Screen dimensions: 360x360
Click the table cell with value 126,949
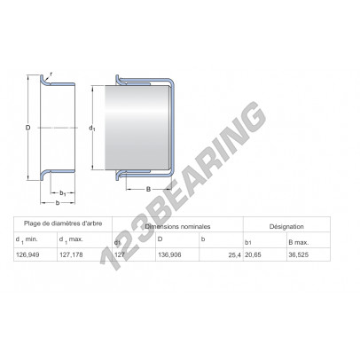click(27, 254)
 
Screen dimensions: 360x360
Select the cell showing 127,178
click(71, 254)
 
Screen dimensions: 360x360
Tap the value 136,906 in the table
click(169, 254)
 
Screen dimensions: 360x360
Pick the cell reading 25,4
click(235, 254)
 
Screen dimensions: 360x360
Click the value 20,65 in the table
click(253, 254)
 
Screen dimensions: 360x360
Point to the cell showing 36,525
click(299, 254)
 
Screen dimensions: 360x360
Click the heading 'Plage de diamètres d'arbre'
click(63, 223)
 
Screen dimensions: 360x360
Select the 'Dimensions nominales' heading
click(177, 227)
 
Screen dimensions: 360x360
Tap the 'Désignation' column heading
click(286, 227)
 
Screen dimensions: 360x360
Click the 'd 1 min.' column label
click(27, 240)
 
